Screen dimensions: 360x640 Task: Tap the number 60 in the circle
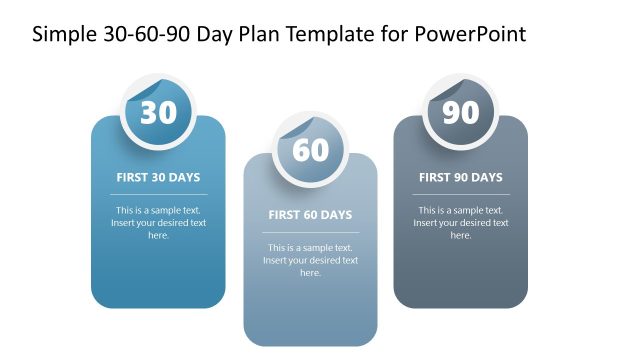[310, 150]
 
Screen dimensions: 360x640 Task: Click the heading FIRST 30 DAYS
[158, 178]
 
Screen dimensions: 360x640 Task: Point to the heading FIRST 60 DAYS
[310, 215]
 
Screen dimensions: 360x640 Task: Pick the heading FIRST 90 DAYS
[461, 178]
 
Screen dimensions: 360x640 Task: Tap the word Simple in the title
[63, 34]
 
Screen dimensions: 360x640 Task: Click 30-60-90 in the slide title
[144, 34]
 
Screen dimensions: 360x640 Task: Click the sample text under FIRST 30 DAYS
[158, 223]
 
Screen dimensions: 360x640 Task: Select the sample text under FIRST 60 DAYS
[310, 260]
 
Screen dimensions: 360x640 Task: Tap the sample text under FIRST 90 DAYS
[461, 223]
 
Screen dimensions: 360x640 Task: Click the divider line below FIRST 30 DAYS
[158, 194]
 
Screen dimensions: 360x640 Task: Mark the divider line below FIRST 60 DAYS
[310, 232]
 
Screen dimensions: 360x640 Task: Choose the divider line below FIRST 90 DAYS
[461, 194]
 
